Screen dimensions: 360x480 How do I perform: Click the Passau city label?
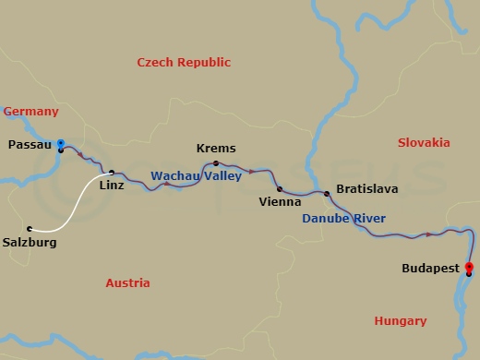30,145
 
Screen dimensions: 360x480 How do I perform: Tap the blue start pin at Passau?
61,143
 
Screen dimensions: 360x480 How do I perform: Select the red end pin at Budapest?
470,268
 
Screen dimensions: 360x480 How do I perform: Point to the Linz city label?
111,186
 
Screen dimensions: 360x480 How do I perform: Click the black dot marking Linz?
112,173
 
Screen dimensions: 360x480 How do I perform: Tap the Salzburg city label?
30,243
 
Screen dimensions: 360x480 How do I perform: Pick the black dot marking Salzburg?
30,229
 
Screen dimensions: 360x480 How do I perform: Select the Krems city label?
216,148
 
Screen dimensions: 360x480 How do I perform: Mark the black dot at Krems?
216,162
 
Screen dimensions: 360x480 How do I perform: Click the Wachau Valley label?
196,174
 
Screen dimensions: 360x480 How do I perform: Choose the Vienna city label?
279,201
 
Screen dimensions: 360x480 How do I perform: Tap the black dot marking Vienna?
279,188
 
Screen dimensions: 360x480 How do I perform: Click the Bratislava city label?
367,188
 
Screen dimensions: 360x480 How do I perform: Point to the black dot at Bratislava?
326,193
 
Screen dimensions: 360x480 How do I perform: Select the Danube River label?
344,219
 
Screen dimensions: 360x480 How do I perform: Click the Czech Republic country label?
184,63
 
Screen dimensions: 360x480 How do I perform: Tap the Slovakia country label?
424,143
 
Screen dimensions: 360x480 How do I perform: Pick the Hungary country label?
401,321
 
